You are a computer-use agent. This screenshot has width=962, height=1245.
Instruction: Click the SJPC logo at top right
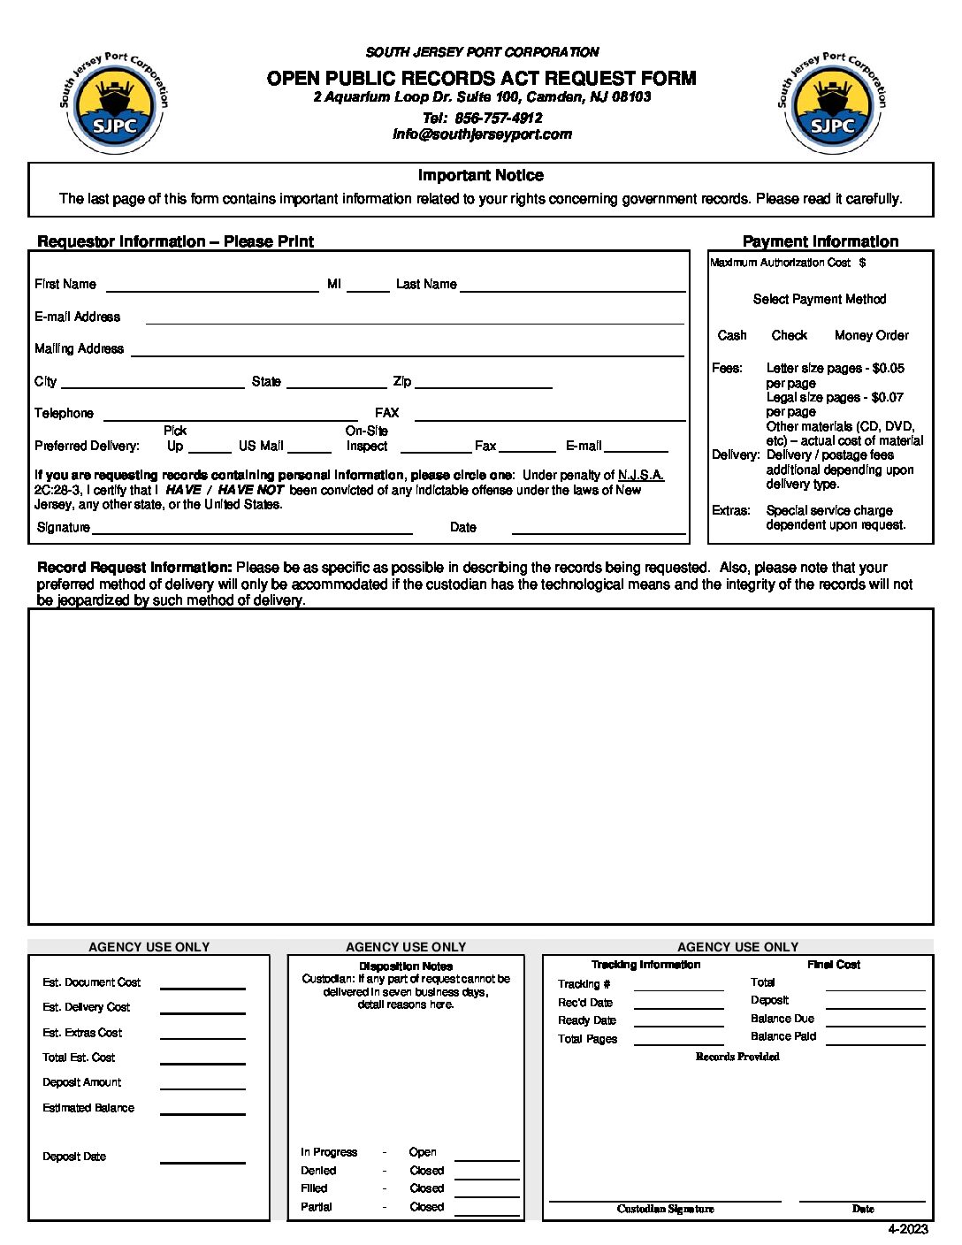point(833,103)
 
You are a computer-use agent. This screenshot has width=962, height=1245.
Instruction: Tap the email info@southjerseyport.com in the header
point(482,134)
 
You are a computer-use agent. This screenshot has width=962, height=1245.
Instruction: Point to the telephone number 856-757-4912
point(498,118)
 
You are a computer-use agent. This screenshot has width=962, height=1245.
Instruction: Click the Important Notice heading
point(480,175)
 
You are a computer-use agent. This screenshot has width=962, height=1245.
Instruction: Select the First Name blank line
point(211,286)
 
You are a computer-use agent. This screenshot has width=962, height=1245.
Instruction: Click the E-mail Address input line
point(415,319)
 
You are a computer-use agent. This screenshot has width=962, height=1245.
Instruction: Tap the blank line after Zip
point(484,384)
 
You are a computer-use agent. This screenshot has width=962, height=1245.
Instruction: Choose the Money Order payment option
point(871,335)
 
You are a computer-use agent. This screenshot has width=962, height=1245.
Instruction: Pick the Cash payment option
point(732,335)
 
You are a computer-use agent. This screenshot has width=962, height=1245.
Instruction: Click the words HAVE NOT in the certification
point(250,490)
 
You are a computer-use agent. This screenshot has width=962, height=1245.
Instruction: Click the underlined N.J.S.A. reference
point(641,475)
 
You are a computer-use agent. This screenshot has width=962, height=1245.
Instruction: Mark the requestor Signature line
point(252,530)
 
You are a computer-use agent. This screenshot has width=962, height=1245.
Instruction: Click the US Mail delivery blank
point(309,448)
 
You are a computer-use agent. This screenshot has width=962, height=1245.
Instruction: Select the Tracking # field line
point(678,987)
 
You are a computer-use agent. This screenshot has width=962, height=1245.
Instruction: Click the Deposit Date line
point(202,1159)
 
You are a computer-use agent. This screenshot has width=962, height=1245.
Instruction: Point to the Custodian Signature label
point(665,1209)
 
